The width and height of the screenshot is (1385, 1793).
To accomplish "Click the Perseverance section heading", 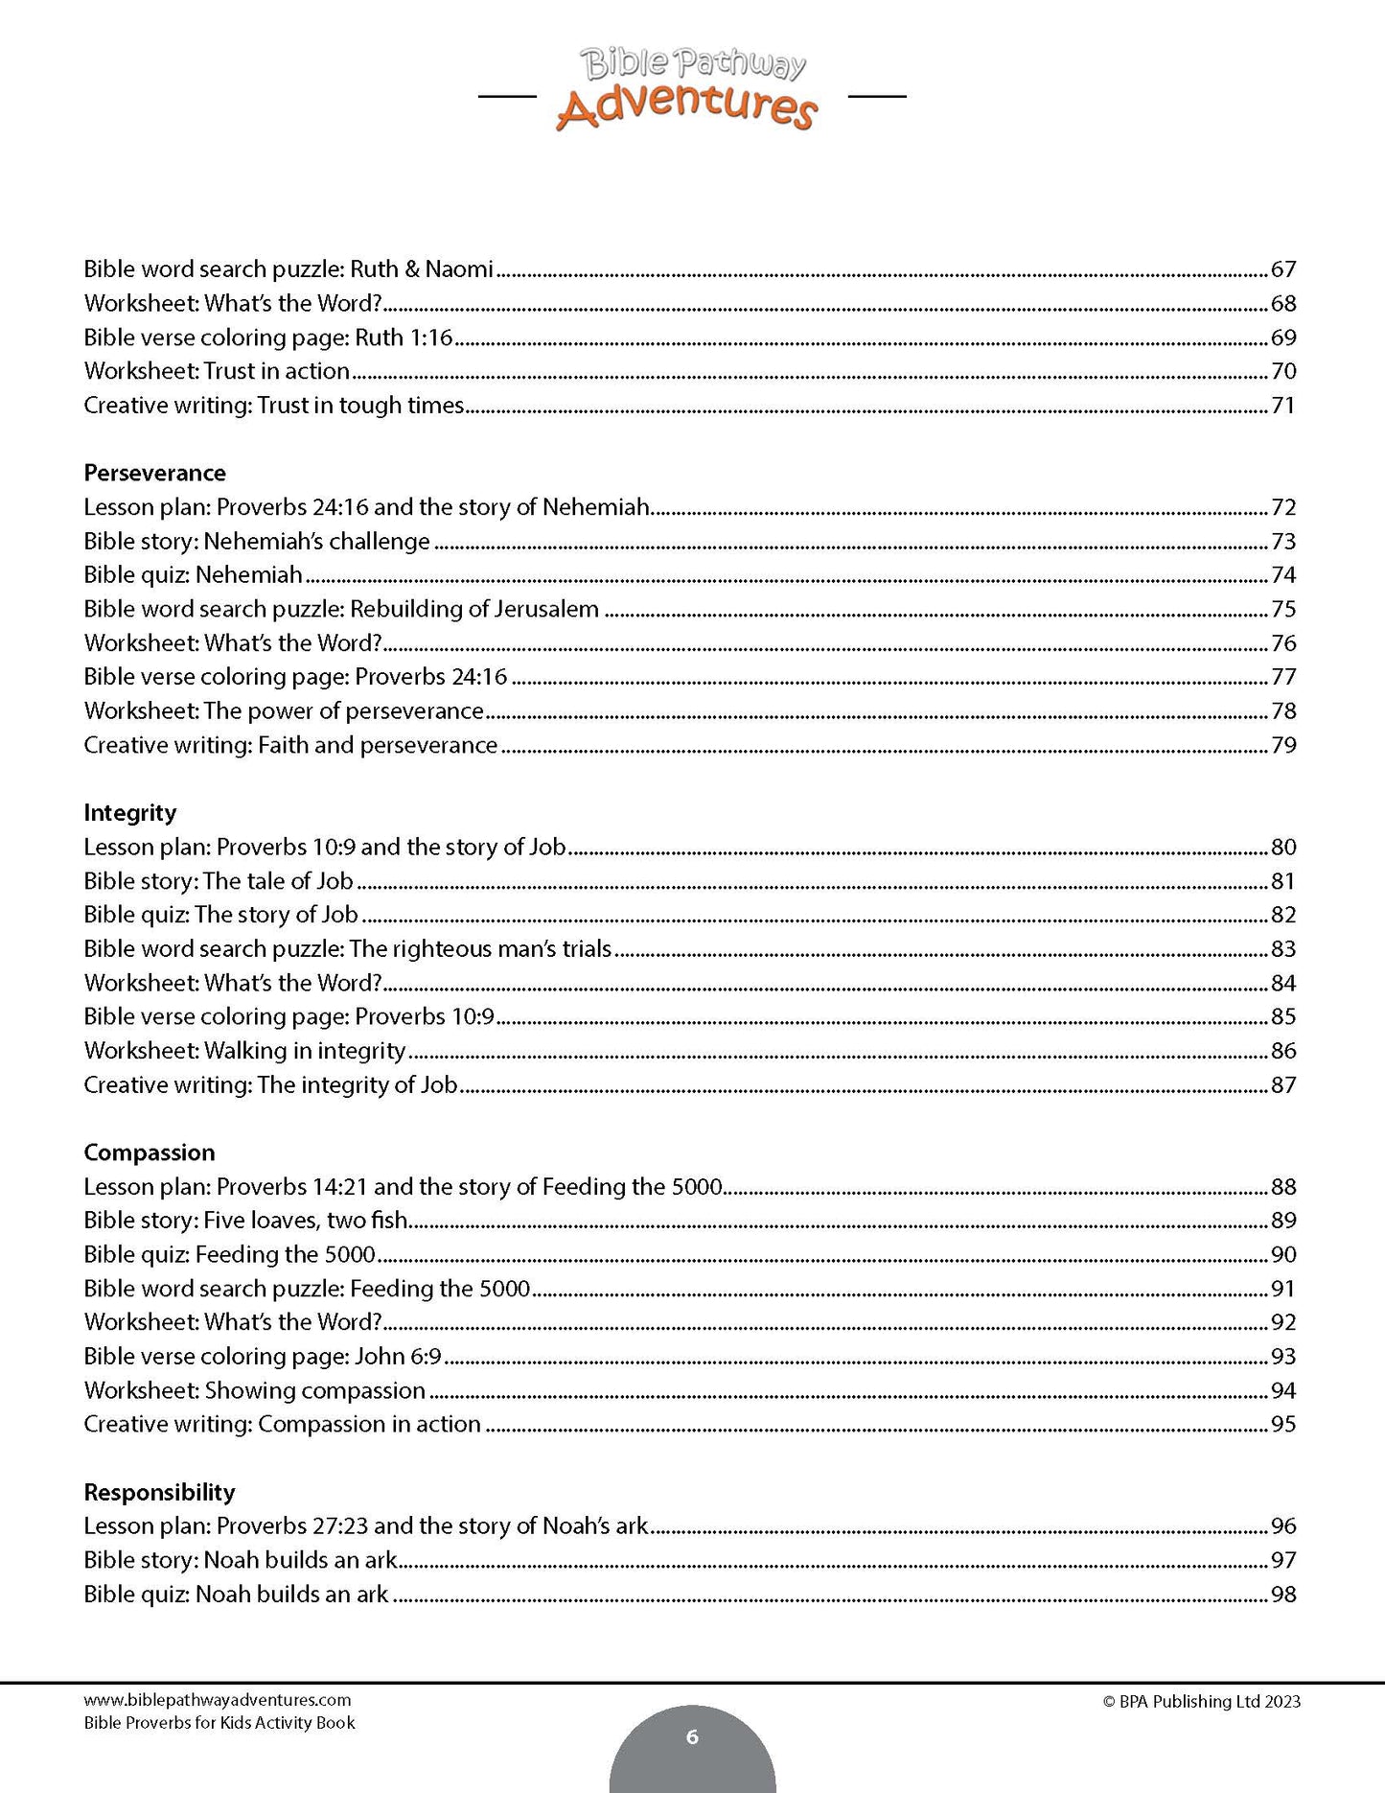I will pyautogui.click(x=154, y=473).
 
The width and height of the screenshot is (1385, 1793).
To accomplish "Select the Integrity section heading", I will pyautogui.click(x=129, y=812).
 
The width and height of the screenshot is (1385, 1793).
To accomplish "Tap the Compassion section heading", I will pyautogui.click(x=149, y=1152).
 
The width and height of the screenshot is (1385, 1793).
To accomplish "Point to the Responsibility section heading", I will pyautogui.click(x=159, y=1491).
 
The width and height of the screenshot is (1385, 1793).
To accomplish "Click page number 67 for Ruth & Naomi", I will pyautogui.click(x=1282, y=269).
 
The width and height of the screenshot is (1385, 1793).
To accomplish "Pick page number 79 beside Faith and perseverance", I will pyautogui.click(x=1282, y=745).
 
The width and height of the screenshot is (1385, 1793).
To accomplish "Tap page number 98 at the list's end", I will pyautogui.click(x=1282, y=1594).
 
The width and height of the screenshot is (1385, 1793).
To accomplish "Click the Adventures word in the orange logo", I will pyautogui.click(x=686, y=107).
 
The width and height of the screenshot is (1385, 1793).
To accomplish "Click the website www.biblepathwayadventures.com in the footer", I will pyautogui.click(x=218, y=1700).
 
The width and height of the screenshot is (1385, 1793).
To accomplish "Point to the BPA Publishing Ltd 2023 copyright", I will pyautogui.click(x=1201, y=1702).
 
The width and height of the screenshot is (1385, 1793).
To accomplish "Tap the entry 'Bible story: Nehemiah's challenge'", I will pyautogui.click(x=257, y=541).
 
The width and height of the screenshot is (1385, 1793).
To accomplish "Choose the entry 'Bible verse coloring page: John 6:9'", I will pyautogui.click(x=262, y=1356).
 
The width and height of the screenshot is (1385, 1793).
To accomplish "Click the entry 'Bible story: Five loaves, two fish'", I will pyautogui.click(x=246, y=1221).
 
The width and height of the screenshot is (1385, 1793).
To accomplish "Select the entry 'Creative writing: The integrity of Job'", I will pyautogui.click(x=270, y=1084).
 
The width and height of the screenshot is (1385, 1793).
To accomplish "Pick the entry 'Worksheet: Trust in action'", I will pyautogui.click(x=217, y=371).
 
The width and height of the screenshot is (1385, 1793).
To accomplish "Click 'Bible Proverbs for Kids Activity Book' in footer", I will pyautogui.click(x=219, y=1722).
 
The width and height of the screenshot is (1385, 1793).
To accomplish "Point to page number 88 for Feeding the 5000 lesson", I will pyautogui.click(x=1282, y=1186).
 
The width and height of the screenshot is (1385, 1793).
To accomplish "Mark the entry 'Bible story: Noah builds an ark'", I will pyautogui.click(x=241, y=1560).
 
